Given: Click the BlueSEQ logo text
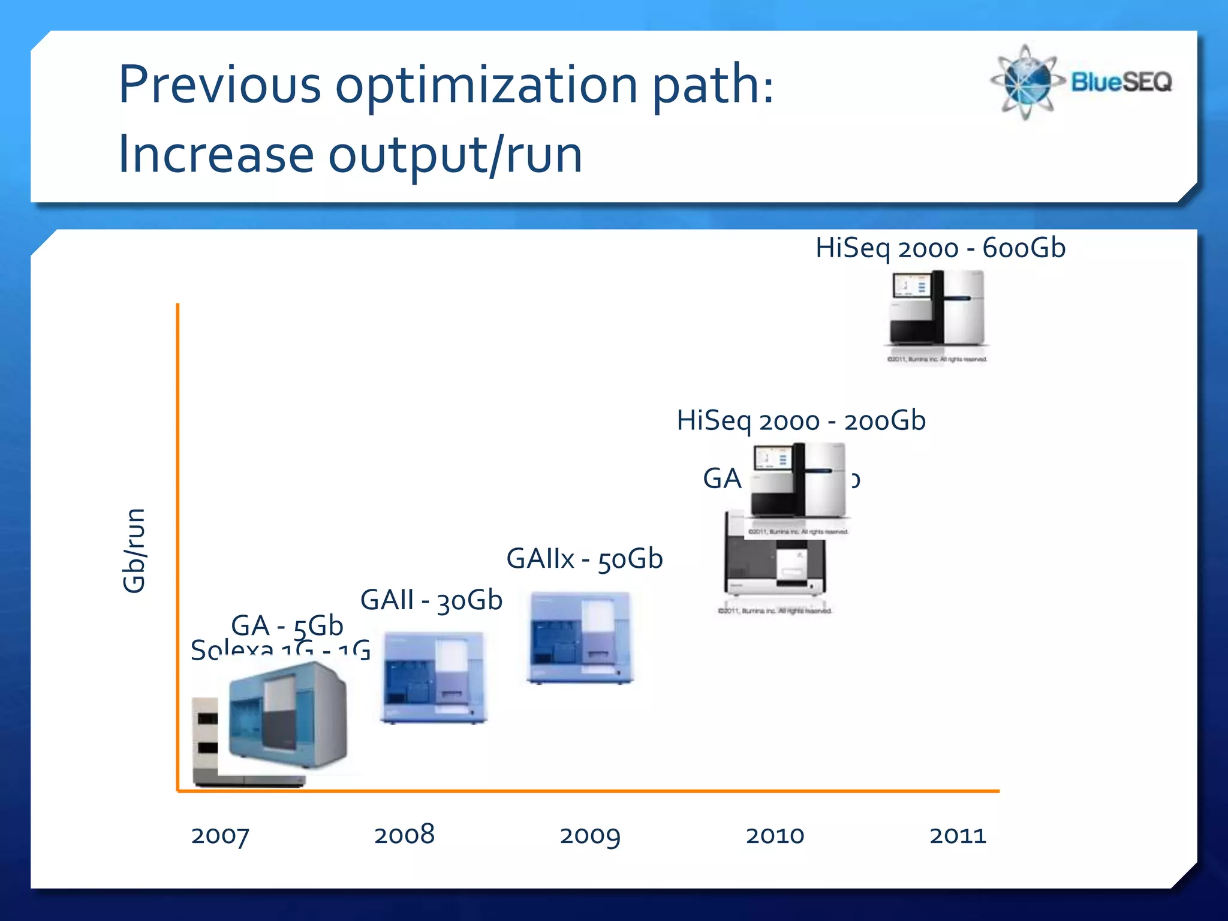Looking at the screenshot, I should tap(1121, 82).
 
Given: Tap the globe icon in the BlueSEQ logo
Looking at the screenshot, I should tap(1026, 82).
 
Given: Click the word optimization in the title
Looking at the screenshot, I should tap(486, 85).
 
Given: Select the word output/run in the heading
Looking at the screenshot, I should tap(455, 155).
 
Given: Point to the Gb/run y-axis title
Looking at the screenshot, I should tap(134, 550).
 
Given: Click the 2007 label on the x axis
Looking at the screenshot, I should tap(219, 835).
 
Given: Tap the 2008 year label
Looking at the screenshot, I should tap(404, 835).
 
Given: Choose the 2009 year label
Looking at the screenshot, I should tap(589, 835).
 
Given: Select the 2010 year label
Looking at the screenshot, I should tap(775, 835).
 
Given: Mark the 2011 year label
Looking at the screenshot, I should tap(958, 835).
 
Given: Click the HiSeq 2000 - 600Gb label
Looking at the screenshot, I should tap(940, 248).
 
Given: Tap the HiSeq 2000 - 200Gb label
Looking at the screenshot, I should tap(801, 421).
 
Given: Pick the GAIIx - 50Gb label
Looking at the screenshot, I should tap(585, 559).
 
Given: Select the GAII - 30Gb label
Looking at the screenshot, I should tap(431, 600).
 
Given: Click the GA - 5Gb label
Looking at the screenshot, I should tap(287, 626).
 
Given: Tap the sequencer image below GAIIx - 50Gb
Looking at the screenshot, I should tap(580, 637).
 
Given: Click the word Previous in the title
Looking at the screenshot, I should tap(219, 85).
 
